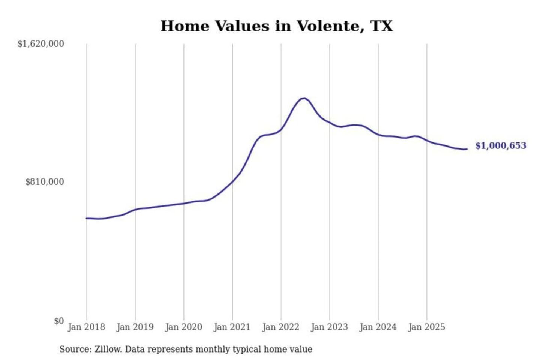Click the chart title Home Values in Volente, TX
pos(276,26)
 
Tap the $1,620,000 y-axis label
pos(41,44)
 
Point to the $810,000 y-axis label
pos(45,182)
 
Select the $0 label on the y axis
pos(59,321)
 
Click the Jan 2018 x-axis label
pos(86,327)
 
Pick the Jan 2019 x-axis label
pos(135,327)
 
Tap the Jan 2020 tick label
pos(183,327)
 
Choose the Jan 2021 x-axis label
pos(232,327)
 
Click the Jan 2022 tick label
pos(281,327)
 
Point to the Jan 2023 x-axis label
pos(329,327)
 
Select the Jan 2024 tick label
pos(378,327)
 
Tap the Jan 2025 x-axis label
pos(426,327)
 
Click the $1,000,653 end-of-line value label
pos(501,146)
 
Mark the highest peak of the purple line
pos(304,98)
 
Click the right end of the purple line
pos(467,149)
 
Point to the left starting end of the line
pos(87,218)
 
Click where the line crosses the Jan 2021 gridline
pos(232,182)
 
